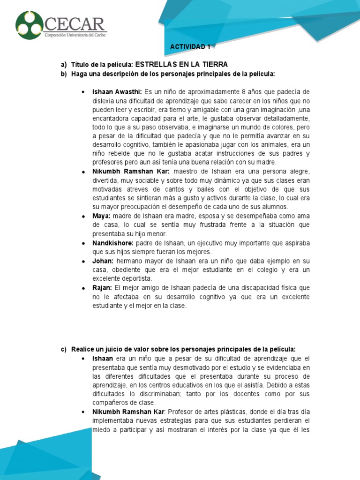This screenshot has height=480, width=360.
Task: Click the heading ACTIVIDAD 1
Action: pos(190,47)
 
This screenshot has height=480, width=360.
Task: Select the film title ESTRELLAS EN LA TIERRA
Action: pos(181,64)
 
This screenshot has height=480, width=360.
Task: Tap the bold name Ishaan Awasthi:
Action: pos(117,91)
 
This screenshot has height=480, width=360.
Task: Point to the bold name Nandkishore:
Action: pos(113,243)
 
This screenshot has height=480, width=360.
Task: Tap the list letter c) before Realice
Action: pos(64,350)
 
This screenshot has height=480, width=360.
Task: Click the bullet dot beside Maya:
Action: pos(82,217)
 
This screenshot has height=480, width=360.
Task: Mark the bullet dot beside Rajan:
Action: pos(82,288)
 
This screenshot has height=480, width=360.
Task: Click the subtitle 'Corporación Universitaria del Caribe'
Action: pos(75,36)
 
